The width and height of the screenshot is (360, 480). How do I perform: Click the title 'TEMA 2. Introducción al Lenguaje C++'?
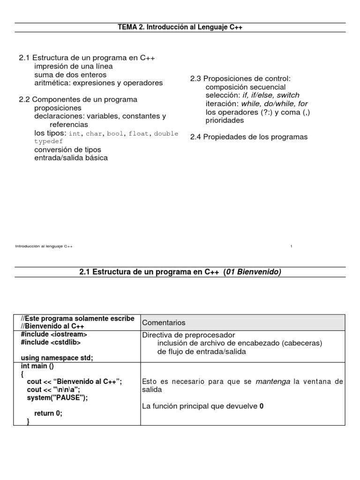click(180, 28)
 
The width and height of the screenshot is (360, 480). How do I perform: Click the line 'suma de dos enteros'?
click(70, 75)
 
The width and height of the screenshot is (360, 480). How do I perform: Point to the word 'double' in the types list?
click(166, 134)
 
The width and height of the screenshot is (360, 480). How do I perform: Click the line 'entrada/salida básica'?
click(71, 158)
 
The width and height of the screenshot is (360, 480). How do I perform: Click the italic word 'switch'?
click(288, 95)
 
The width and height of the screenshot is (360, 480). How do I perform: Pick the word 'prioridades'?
click(225, 120)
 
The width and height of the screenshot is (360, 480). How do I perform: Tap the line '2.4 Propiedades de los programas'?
click(248, 137)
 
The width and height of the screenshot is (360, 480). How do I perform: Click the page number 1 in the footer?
click(292, 246)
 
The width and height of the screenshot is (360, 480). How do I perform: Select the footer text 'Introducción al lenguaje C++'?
click(44, 246)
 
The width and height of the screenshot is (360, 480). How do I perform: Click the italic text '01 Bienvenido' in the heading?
click(253, 272)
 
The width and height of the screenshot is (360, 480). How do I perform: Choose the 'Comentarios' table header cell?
click(164, 322)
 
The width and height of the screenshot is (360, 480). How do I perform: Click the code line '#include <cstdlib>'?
click(51, 343)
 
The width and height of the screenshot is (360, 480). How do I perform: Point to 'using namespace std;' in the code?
click(57, 358)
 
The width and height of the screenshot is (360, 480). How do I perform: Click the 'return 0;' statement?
click(48, 413)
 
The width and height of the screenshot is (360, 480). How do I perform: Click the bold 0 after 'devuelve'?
click(262, 406)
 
